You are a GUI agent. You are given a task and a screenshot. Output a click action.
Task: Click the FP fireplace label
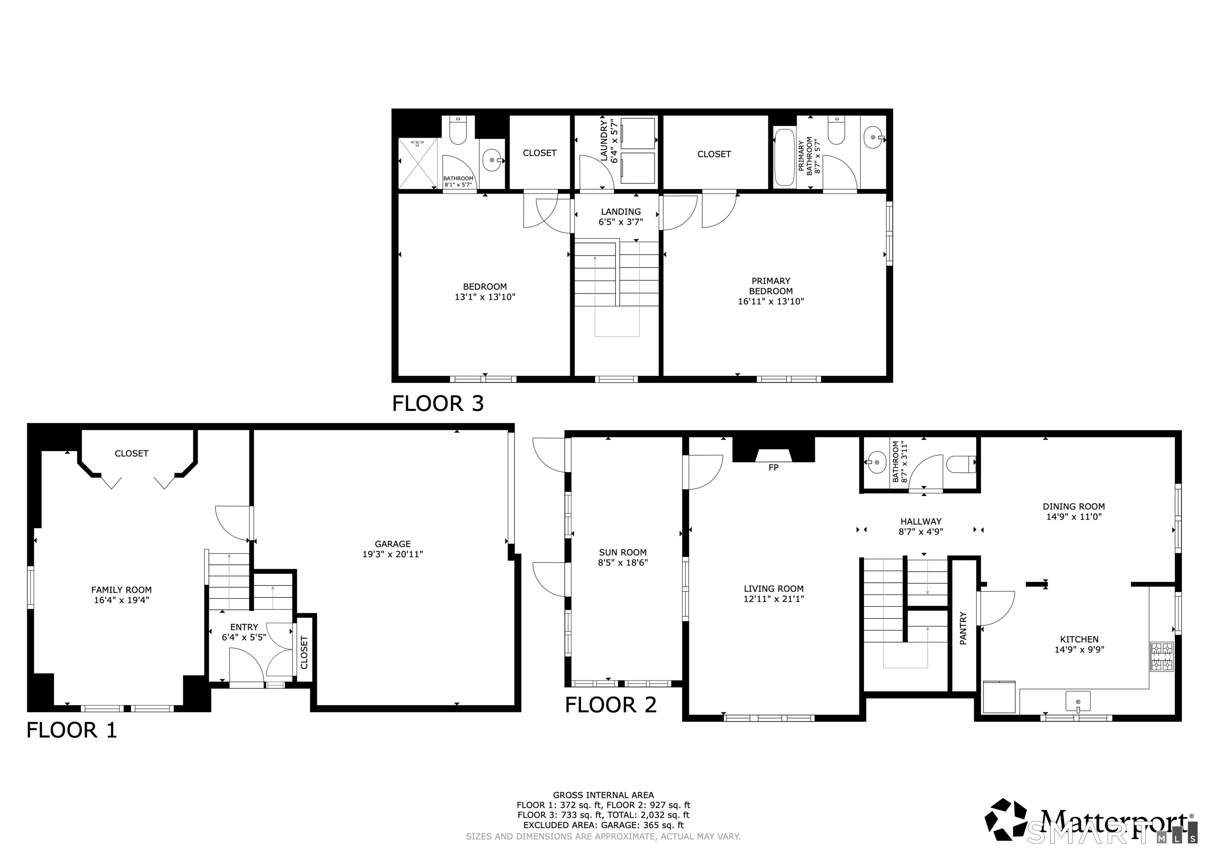(773, 468)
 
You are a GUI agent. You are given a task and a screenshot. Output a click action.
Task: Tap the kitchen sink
(1078, 702)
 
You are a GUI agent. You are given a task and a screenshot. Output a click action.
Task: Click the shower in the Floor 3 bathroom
(418, 163)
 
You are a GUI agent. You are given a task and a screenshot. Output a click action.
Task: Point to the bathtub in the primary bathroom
(785, 157)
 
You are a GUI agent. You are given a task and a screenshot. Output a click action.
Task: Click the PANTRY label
(963, 628)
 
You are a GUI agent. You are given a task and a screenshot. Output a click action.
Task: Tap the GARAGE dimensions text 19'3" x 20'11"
(393, 554)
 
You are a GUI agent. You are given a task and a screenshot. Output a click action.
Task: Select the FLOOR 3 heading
(438, 403)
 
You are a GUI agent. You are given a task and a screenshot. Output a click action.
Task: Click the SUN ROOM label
(623, 553)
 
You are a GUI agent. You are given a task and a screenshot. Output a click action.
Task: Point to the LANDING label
(621, 212)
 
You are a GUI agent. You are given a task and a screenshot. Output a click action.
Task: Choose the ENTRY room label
(244, 627)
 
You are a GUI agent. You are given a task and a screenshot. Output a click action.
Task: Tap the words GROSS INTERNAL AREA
(603, 795)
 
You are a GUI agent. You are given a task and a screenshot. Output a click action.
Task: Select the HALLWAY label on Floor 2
(921, 522)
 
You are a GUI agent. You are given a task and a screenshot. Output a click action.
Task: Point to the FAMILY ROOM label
(121, 590)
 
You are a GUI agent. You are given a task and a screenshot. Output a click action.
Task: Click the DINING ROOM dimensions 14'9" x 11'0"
(1073, 517)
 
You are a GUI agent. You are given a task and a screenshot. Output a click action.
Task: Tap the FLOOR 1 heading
(72, 730)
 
